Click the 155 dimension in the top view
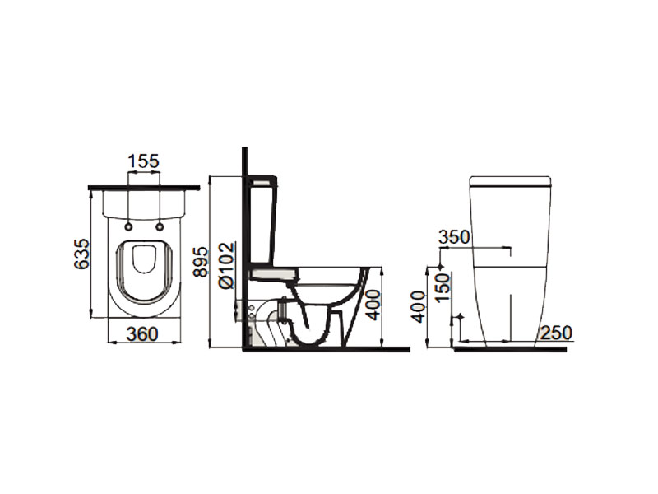click(x=144, y=161)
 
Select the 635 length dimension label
click(x=81, y=254)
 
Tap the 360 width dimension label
click(x=142, y=334)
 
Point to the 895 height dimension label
click(x=201, y=262)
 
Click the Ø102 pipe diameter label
click(x=226, y=265)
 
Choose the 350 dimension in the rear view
click(x=454, y=237)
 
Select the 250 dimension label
click(x=556, y=333)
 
